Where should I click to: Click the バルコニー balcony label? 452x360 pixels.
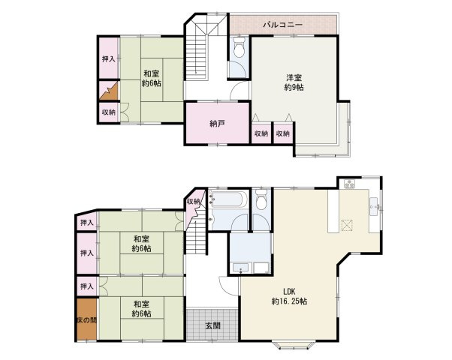coord(282,25)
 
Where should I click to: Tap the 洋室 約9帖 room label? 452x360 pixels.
coord(294,82)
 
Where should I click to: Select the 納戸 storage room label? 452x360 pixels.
coord(217,124)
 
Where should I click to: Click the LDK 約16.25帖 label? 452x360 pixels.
coord(289,296)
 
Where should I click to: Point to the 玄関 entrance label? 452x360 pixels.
coord(213,325)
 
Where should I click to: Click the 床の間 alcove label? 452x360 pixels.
coord(87,320)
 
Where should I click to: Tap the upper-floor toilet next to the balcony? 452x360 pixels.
coord(239,48)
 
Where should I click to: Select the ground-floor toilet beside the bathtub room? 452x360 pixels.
coord(261,199)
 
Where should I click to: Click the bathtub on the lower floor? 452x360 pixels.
coord(228,199)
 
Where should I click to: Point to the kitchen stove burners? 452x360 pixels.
coord(349,184)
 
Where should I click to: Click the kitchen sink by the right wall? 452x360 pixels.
coord(374,206)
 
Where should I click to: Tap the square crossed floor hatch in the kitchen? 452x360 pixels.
coord(347,226)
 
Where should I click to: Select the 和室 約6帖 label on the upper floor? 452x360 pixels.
coord(152,78)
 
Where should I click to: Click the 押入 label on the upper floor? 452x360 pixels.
coord(109,59)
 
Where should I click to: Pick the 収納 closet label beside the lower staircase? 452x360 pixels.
coord(193,202)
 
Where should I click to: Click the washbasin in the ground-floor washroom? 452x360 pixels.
coord(240,268)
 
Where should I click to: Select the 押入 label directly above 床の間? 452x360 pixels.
coord(87,286)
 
